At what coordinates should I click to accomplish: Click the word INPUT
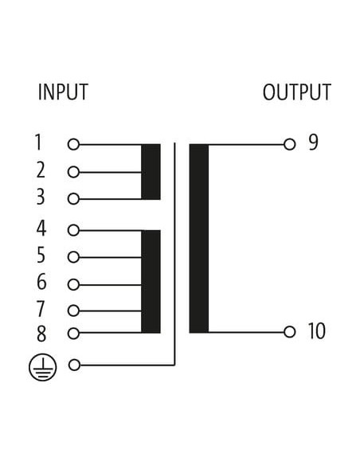(63, 92)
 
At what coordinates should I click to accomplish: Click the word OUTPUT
(297, 92)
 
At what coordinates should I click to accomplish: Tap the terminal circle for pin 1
(73, 145)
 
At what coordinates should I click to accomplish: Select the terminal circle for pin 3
(73, 199)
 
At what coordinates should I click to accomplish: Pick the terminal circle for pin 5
(73, 257)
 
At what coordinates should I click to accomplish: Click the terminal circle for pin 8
(73, 334)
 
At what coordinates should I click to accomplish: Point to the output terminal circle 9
(289, 145)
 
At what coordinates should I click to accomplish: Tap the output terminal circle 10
(289, 332)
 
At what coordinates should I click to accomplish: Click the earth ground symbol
(43, 367)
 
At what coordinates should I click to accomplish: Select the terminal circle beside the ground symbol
(74, 365)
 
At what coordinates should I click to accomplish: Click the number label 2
(41, 170)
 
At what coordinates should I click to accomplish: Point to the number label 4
(41, 229)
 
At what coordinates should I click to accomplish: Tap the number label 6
(41, 282)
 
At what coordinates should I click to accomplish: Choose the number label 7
(41, 309)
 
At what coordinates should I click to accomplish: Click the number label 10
(317, 330)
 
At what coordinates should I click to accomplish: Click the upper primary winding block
(151, 172)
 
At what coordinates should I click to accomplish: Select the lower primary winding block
(151, 281)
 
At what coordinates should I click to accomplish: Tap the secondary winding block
(199, 238)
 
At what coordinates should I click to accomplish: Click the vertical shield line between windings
(174, 254)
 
